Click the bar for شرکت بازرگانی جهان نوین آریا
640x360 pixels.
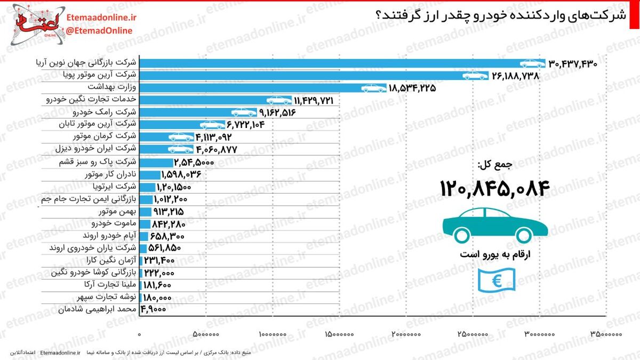(342, 63)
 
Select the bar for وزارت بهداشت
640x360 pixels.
(263, 88)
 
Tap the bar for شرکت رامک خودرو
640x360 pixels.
(198, 113)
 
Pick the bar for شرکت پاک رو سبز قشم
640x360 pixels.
(156, 163)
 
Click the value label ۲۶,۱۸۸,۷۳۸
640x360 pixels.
(515, 76)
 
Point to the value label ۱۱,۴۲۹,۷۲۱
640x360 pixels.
(314, 101)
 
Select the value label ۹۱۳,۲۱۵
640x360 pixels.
(169, 212)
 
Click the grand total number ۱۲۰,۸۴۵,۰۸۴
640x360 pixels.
(495, 189)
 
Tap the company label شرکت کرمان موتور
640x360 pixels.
(105, 136)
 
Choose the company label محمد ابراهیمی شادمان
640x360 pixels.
(98, 309)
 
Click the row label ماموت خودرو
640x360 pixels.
(114, 223)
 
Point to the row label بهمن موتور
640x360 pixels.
(118, 211)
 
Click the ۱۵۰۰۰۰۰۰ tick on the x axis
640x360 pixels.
(339, 334)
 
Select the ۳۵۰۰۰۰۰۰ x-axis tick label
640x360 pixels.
(606, 334)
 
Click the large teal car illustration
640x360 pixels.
(495, 226)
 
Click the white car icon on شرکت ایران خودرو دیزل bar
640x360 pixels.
(181, 149)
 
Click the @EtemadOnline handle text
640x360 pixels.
(99, 30)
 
